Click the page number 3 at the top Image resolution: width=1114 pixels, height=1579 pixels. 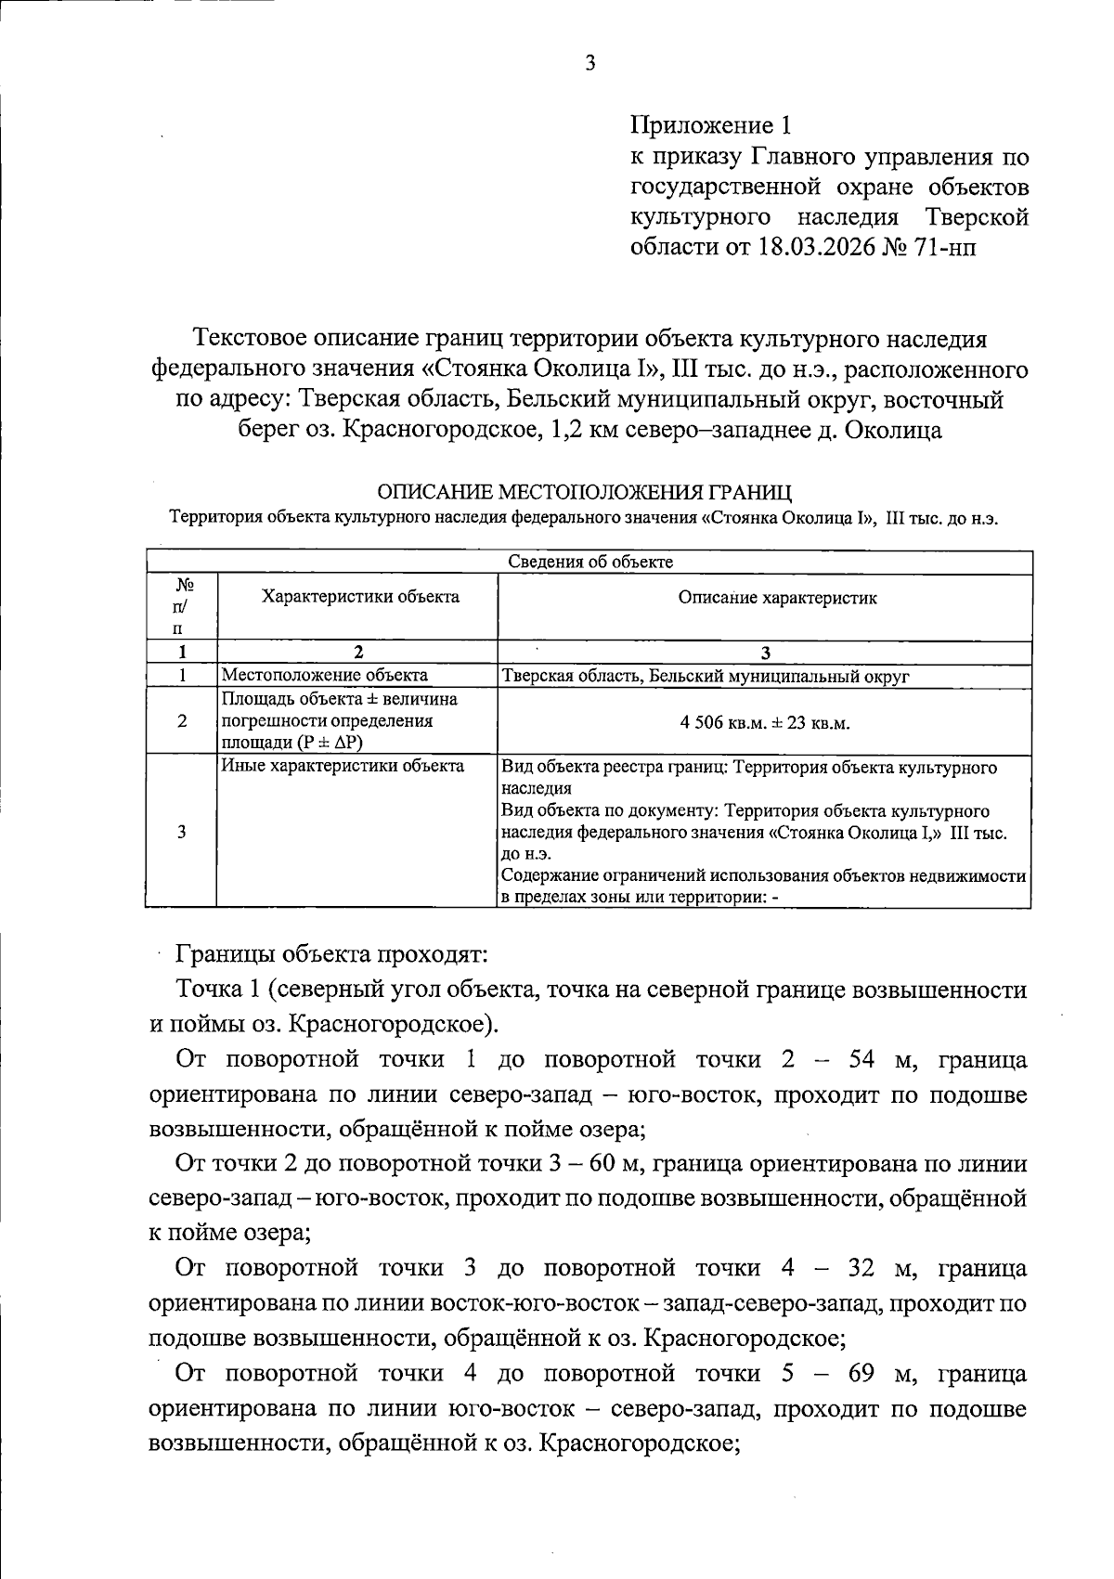[590, 63]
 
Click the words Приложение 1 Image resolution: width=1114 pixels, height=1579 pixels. [710, 125]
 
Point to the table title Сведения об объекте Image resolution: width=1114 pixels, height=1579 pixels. [590, 562]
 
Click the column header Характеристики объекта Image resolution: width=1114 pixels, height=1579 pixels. [360, 597]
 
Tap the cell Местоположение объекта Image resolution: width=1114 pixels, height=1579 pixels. [324, 676]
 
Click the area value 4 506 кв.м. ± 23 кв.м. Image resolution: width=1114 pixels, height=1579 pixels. [765, 723]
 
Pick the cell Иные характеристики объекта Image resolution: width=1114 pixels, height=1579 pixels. [343, 767]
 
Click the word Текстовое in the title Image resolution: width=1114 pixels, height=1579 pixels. [248, 340]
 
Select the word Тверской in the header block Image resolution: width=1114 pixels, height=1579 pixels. [977, 217]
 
